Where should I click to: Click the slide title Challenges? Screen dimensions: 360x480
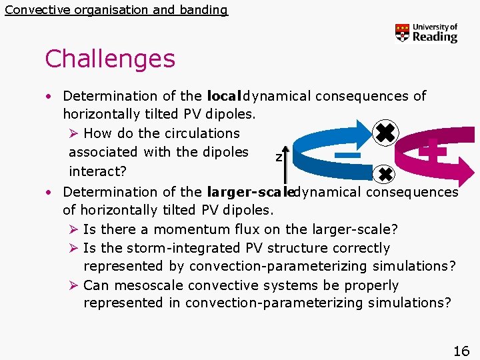110,59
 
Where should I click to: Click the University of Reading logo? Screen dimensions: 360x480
426,33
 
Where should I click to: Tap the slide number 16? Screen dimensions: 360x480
461,351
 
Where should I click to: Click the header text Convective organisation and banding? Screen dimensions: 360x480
116,10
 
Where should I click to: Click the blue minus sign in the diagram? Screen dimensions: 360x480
347,155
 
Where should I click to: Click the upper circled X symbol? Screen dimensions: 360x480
384,133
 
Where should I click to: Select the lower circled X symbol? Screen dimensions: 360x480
385,175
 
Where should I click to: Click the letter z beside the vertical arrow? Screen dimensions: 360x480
279,157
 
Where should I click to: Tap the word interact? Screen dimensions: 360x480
98,171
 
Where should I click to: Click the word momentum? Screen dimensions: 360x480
183,230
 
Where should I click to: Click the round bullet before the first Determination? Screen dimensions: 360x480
49,97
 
